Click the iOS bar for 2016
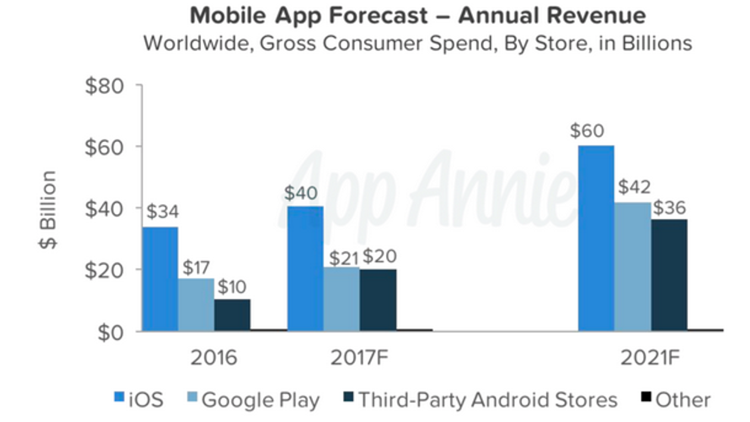(x=160, y=279)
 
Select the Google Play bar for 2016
(x=196, y=305)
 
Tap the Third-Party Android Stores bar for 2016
(x=232, y=315)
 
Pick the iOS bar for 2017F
(x=305, y=269)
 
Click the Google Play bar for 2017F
(x=342, y=299)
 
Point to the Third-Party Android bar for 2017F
(x=378, y=300)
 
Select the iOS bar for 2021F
(x=596, y=238)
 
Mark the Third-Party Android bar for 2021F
(x=669, y=275)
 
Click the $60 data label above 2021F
(x=587, y=131)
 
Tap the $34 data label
(x=163, y=211)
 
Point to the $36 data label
(x=669, y=208)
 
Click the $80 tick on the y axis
(x=104, y=87)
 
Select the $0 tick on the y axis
(x=111, y=332)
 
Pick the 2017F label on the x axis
(x=360, y=358)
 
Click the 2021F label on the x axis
(x=650, y=358)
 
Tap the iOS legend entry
(x=139, y=400)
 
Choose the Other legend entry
(x=675, y=400)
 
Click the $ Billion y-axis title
(x=48, y=209)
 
